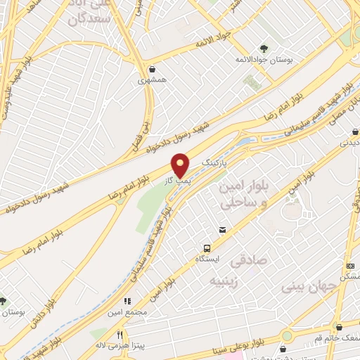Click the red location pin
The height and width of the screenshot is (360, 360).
(x=181, y=165)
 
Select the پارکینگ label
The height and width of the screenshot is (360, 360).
(x=215, y=162)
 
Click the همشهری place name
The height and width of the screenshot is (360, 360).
(x=153, y=81)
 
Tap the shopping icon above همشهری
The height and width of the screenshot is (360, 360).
(x=153, y=69)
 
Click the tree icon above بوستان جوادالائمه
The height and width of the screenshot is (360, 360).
(x=264, y=49)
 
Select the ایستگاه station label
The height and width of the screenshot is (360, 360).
(x=207, y=259)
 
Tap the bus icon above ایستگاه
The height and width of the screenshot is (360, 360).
(x=207, y=248)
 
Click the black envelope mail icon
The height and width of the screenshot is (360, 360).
(x=222, y=230)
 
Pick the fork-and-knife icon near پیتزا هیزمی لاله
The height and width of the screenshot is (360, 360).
(x=120, y=334)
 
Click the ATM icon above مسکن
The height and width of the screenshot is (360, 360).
(x=350, y=266)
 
